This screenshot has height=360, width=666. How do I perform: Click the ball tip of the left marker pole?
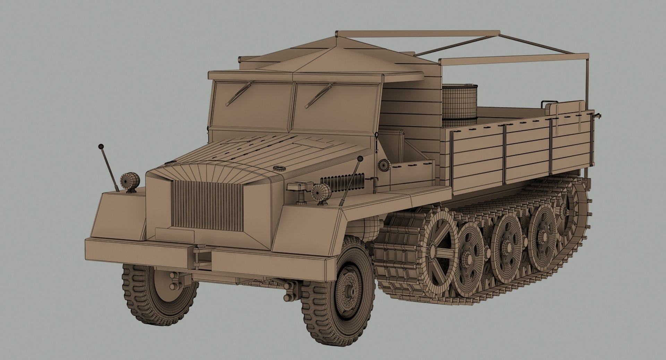click(101, 146)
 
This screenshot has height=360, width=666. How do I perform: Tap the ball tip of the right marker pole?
click(360, 158)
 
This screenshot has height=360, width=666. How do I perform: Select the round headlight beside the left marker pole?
click(130, 180)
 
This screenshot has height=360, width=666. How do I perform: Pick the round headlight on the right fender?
click(321, 192)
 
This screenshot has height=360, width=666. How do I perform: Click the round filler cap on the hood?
click(279, 169)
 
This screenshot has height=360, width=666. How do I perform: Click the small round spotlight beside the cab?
click(384, 165)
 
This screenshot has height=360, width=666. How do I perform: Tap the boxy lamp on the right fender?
click(298, 187)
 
